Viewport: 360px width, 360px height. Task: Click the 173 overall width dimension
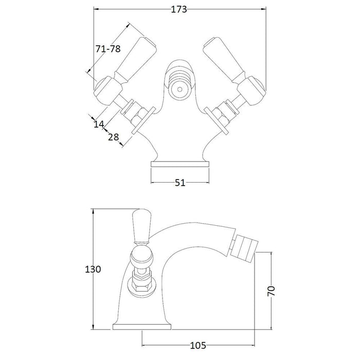click(x=179, y=9)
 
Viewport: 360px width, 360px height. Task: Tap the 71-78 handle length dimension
click(x=108, y=49)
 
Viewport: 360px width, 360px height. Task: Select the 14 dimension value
click(x=99, y=124)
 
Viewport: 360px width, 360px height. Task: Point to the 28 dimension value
click(x=114, y=137)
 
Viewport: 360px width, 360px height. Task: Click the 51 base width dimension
click(x=180, y=183)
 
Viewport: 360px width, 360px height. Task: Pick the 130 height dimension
click(x=93, y=269)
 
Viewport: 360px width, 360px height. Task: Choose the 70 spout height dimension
click(x=271, y=291)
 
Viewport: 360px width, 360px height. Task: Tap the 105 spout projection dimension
click(x=198, y=345)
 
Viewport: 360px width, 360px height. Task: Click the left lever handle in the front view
click(x=135, y=59)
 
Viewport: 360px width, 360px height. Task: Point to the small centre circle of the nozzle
click(x=180, y=89)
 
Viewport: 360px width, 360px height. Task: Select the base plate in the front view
click(x=180, y=164)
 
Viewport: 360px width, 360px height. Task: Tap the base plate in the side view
click(x=142, y=327)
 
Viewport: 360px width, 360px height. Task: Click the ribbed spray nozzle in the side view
click(x=244, y=248)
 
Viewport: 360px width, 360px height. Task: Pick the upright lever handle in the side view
click(x=141, y=226)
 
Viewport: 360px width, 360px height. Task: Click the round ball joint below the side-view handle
click(x=141, y=257)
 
